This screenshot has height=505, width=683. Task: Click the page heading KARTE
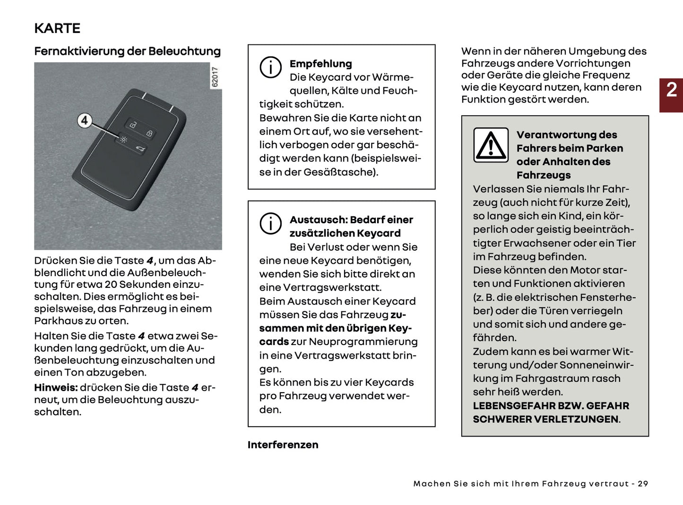[x=57, y=28]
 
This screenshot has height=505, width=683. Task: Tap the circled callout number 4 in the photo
[x=84, y=120]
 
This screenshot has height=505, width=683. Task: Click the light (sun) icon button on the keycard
[x=123, y=140]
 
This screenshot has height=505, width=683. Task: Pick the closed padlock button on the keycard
[x=149, y=134]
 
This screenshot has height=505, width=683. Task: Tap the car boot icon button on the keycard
[x=140, y=150]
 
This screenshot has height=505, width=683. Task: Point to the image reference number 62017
[x=215, y=77]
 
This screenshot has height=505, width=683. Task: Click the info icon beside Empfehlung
[x=270, y=67]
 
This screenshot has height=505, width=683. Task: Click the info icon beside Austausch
[x=270, y=223]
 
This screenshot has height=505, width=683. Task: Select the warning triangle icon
[x=491, y=145]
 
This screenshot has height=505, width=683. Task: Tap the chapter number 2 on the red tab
[x=671, y=90]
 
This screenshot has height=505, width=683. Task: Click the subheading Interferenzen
[x=283, y=445]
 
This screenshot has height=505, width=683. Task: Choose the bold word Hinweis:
[x=56, y=387]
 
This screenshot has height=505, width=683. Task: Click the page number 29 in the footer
[x=643, y=484]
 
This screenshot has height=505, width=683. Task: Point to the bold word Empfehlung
[x=320, y=64]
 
